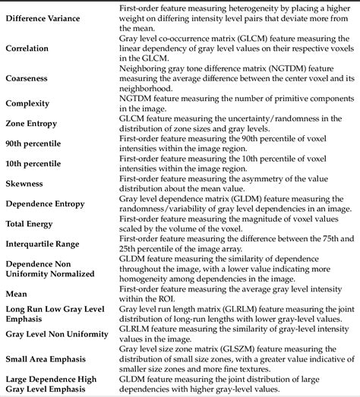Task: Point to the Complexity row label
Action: pos(29,104)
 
